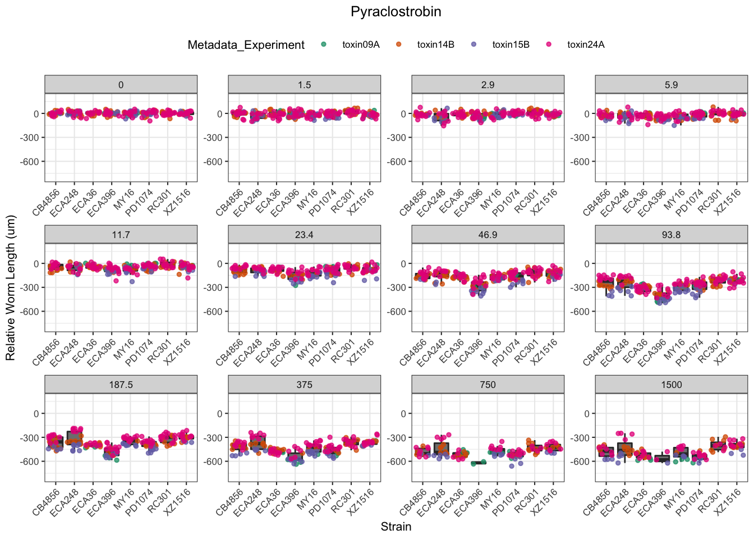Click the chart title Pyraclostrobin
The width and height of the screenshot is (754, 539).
coord(396,12)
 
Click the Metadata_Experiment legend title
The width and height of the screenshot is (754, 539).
coord(246,45)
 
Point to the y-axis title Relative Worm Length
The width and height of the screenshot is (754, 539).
coord(11,287)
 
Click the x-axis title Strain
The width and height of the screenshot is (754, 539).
coord(396,527)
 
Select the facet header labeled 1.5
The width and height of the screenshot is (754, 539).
coord(304,85)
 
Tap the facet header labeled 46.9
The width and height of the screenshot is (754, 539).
coord(488,235)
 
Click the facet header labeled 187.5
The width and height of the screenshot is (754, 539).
coord(121,385)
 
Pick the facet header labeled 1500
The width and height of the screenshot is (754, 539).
coord(671,385)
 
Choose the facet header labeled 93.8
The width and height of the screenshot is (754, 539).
coord(671,235)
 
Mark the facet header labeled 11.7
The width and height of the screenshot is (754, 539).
coord(121,235)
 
